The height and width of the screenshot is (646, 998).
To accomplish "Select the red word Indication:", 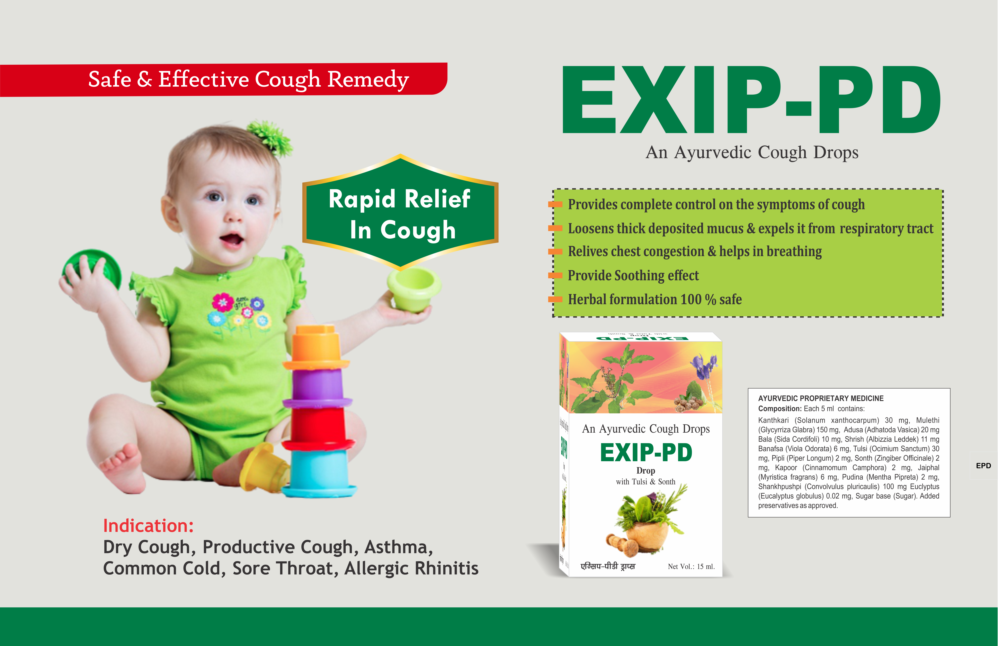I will (148, 526).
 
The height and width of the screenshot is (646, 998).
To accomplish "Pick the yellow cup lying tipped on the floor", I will (264, 468).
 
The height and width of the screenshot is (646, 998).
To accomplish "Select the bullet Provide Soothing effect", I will (633, 276).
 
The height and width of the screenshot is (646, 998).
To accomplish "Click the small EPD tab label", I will (983, 466).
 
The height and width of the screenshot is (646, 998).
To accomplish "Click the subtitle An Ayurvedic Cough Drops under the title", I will (752, 152).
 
